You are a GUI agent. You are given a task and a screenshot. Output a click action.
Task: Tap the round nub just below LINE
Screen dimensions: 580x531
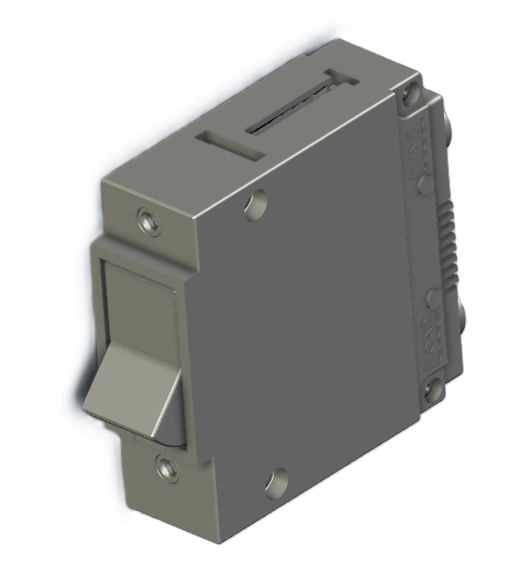point(424,183)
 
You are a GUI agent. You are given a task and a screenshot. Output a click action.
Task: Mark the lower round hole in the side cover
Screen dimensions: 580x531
point(276,481)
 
